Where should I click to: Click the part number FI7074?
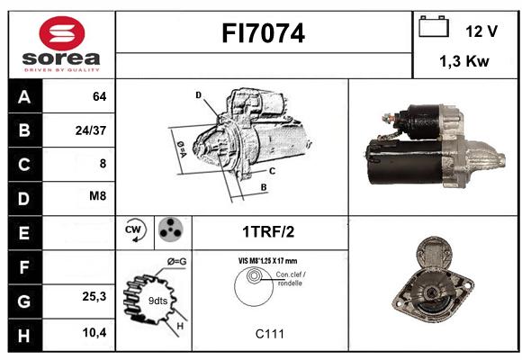tap(263, 33)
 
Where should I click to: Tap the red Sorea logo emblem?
tap(62, 33)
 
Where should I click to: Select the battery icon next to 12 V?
tap(434, 26)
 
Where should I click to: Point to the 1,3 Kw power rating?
tap(464, 61)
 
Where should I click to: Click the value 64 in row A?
tap(100, 96)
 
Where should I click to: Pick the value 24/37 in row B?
tap(91, 130)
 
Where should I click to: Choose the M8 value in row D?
tap(97, 196)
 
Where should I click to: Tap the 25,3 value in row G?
tap(94, 296)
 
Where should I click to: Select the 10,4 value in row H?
tap(94, 332)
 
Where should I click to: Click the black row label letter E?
tap(24, 233)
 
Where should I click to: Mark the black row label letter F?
tap(24, 267)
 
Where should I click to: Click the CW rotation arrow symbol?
tap(135, 229)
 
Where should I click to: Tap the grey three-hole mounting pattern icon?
tap(171, 229)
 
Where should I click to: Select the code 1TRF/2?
tap(268, 232)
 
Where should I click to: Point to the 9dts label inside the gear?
tap(157, 301)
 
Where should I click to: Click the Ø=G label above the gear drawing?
tap(176, 262)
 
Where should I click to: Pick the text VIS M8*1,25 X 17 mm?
tap(267, 261)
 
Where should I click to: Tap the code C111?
tap(270, 334)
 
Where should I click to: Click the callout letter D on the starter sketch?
tap(198, 95)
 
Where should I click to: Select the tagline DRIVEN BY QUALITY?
tap(62, 70)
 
